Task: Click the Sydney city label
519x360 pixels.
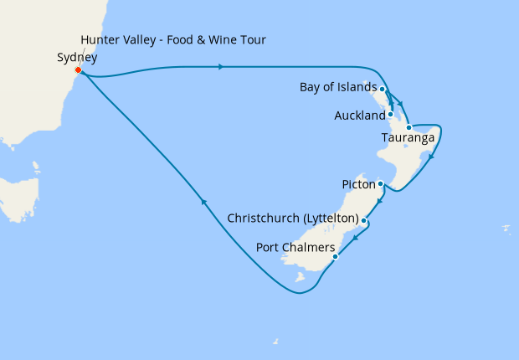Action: pyautogui.click(x=77, y=58)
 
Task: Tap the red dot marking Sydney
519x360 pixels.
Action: pyautogui.click(x=78, y=70)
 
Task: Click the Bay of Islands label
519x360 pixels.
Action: pyautogui.click(x=338, y=87)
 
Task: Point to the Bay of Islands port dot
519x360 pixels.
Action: pyautogui.click(x=383, y=88)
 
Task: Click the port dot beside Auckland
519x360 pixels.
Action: pyautogui.click(x=390, y=114)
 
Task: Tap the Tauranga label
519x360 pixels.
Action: pyautogui.click(x=407, y=137)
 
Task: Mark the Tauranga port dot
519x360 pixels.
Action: pyautogui.click(x=409, y=128)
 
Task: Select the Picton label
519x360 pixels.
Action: pyautogui.click(x=358, y=183)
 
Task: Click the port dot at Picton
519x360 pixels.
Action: pyautogui.click(x=380, y=183)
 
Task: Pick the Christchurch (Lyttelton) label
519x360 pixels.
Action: pyautogui.click(x=293, y=219)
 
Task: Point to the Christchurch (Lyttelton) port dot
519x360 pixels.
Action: pyautogui.click(x=363, y=220)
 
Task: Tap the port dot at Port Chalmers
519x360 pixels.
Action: pyautogui.click(x=335, y=256)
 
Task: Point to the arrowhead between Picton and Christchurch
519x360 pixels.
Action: pyautogui.click(x=380, y=203)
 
